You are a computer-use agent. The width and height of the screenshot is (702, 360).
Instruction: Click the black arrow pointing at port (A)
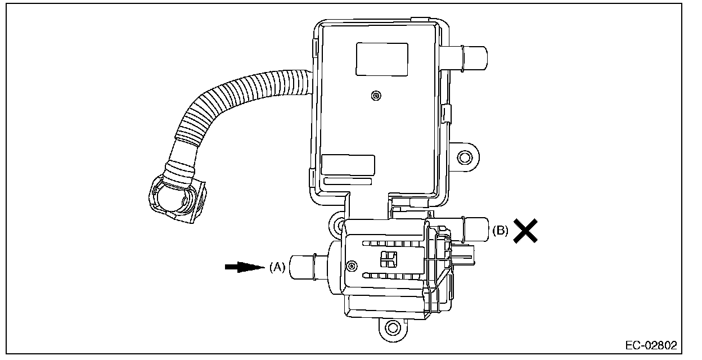[245, 267]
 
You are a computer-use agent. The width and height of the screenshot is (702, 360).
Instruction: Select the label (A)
[277, 267]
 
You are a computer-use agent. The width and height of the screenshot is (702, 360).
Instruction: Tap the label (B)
[500, 231]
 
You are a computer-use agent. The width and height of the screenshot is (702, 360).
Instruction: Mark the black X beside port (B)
[525, 231]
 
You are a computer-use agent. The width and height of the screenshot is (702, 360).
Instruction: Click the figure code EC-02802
[651, 345]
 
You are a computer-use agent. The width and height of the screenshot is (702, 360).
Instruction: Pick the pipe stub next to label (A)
[308, 267]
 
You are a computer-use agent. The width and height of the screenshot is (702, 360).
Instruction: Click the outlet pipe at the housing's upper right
[464, 58]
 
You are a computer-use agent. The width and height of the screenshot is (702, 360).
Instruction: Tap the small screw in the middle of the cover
[376, 96]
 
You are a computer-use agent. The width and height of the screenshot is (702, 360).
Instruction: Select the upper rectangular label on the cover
[382, 59]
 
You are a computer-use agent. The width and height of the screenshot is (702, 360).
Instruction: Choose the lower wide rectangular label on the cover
[348, 165]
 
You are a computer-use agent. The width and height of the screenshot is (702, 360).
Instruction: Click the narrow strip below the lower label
[348, 182]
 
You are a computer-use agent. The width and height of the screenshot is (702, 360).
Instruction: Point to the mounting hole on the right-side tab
[465, 157]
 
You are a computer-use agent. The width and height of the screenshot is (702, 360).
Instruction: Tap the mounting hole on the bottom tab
[393, 328]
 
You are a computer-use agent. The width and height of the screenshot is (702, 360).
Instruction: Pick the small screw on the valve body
[352, 266]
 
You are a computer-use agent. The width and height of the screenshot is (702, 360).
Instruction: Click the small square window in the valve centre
[389, 259]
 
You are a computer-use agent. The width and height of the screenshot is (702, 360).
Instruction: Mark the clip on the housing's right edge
[446, 114]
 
